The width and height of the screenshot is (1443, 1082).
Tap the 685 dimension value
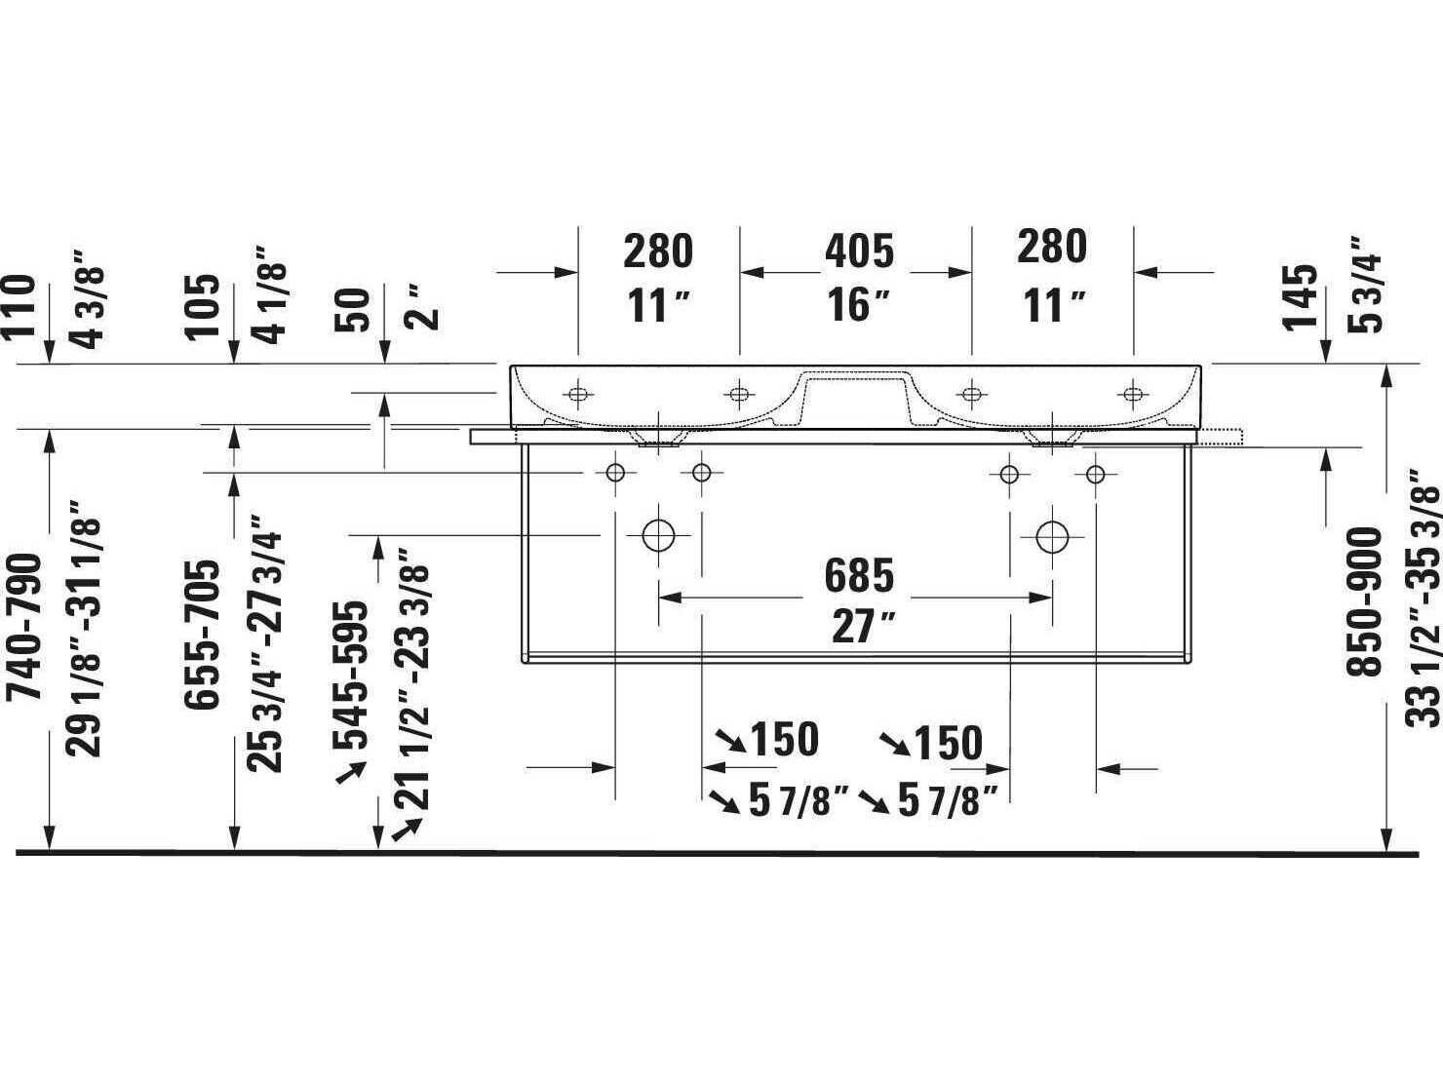[x=859, y=576]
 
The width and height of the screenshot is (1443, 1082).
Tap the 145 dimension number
[x=1301, y=298]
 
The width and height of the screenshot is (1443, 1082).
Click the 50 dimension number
[x=352, y=310]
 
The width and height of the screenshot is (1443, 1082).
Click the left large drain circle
[x=658, y=535]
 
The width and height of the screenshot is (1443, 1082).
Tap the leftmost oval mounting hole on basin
[x=577, y=394]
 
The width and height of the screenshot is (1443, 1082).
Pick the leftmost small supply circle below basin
[x=615, y=472]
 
